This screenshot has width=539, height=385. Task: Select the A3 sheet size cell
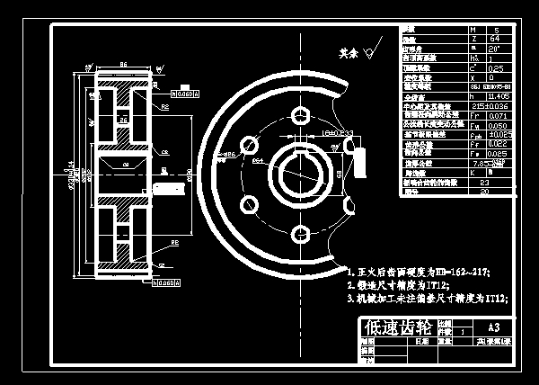pos(492,327)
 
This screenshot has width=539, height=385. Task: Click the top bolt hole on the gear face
pos(299,114)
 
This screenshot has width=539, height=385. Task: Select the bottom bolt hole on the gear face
pos(299,235)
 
